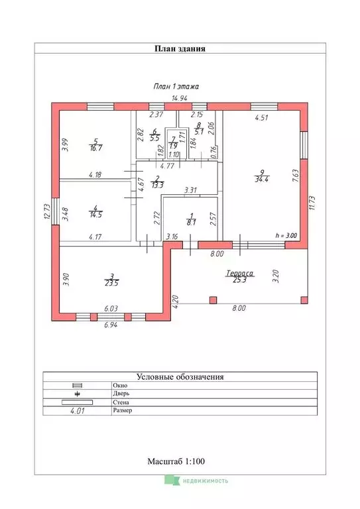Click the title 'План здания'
point(180,48)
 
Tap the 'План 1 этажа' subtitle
point(176,86)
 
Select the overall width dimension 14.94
point(179,98)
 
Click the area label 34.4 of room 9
point(262,179)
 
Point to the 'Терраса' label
point(239,273)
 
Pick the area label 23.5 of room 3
point(111,283)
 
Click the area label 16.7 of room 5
point(95,148)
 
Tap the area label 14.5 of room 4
point(95,215)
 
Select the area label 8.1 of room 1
point(191,223)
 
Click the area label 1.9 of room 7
point(173,146)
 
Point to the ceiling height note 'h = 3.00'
point(286,236)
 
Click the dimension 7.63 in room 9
point(296,175)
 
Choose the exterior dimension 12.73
point(46,211)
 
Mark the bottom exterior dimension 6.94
point(111,325)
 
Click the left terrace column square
point(213,300)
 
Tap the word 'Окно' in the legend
point(120,386)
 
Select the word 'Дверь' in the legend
point(121,394)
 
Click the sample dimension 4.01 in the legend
point(78,411)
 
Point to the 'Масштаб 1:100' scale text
point(176,461)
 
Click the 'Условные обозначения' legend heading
point(180,377)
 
